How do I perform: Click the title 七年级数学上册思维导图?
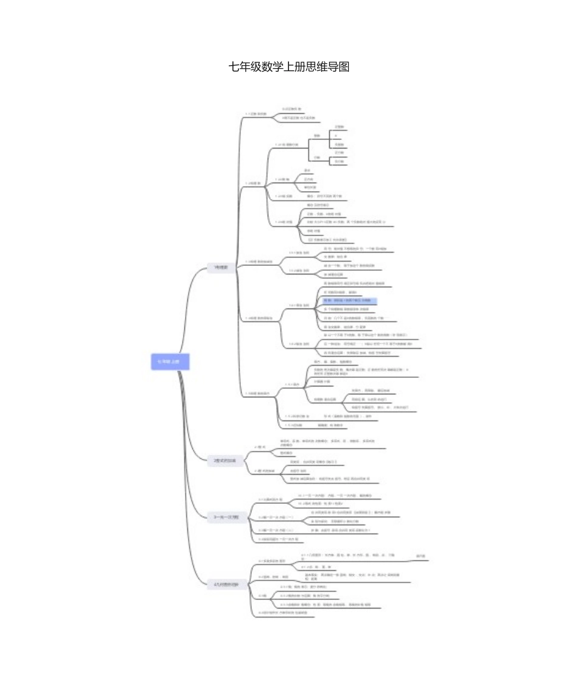(289, 67)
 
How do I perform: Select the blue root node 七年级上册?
(170, 361)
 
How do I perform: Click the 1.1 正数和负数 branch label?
(256, 114)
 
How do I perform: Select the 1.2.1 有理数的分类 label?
(288, 145)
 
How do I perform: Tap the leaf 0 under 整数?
(335, 136)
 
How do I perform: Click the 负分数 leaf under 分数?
(339, 161)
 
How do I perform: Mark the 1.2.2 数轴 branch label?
(283, 180)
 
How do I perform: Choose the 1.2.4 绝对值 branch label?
(285, 221)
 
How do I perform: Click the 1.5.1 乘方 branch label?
(293, 385)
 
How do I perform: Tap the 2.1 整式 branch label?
(260, 447)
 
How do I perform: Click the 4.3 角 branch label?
(262, 595)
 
